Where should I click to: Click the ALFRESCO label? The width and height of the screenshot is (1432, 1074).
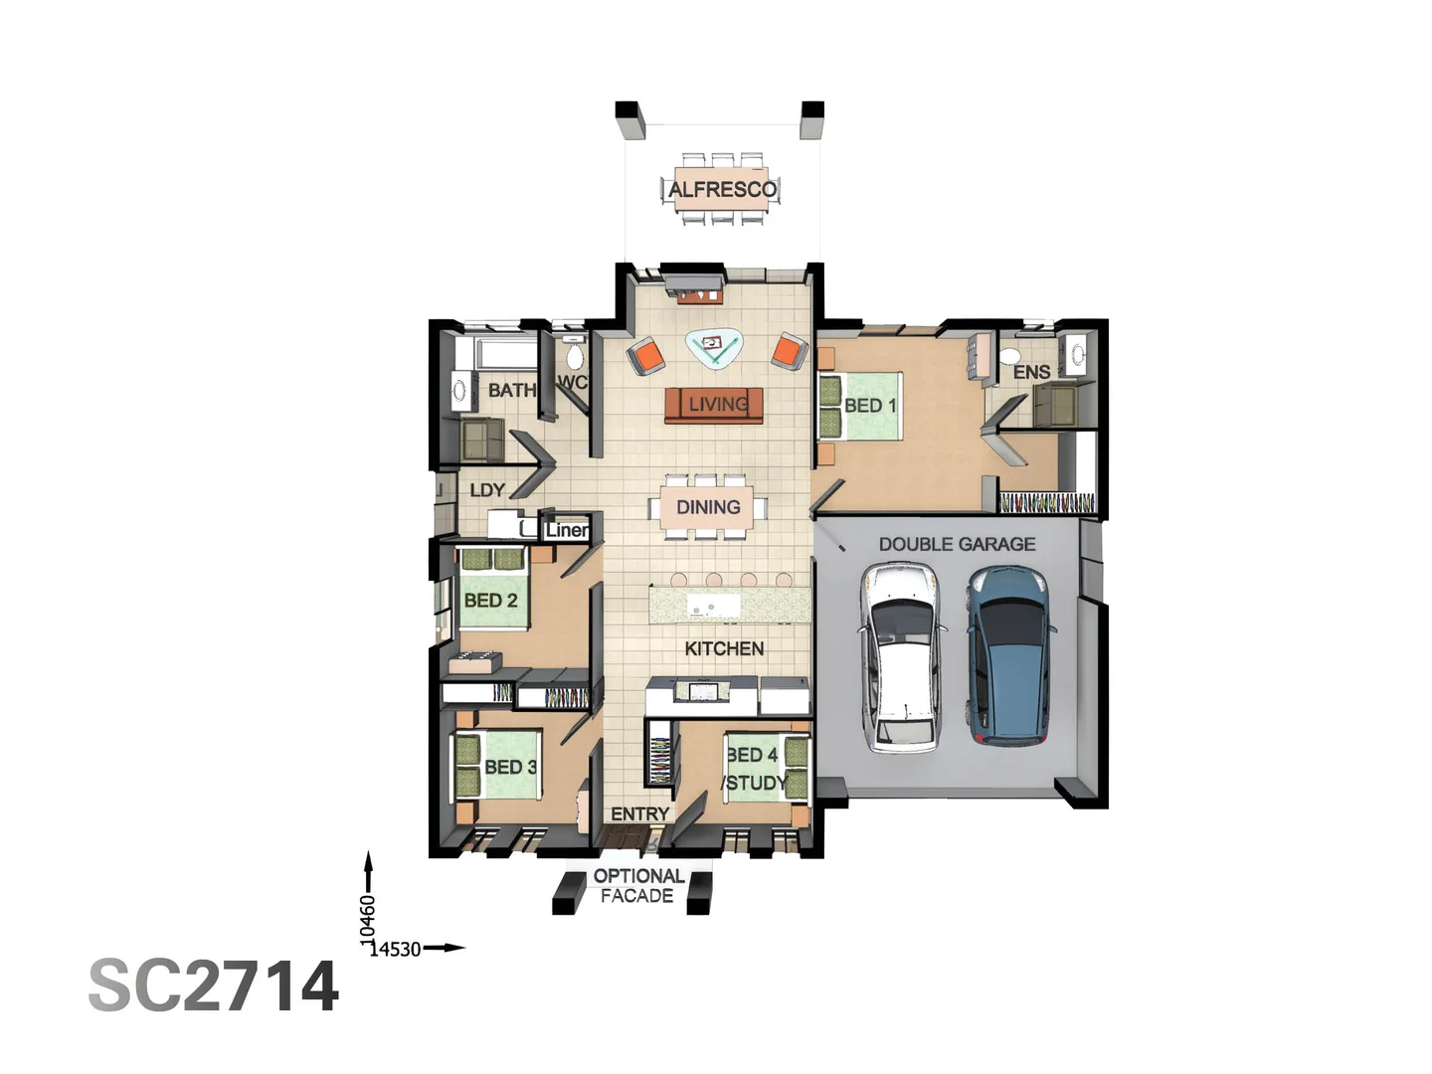click(722, 189)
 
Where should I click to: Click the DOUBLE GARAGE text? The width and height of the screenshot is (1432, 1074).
click(957, 544)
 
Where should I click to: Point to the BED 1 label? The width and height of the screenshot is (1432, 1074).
click(870, 406)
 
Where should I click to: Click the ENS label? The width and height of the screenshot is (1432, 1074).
click(1031, 372)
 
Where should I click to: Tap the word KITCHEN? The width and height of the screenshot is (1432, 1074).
click(724, 648)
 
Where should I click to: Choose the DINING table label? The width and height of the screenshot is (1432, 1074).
click(708, 507)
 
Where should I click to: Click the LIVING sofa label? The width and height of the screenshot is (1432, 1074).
click(718, 404)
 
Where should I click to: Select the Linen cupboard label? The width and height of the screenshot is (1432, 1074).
click(567, 530)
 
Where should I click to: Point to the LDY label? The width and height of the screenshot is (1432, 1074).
click(487, 490)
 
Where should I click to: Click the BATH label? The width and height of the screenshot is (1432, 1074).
click(511, 390)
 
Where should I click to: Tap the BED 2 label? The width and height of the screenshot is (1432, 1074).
click(490, 601)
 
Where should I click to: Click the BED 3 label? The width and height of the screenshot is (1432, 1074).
click(510, 767)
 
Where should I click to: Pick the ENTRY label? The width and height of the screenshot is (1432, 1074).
click(639, 813)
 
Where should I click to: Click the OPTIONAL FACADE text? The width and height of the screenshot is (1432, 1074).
click(637, 885)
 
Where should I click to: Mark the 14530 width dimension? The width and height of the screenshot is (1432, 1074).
click(396, 949)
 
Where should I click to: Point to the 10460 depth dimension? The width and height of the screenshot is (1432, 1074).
click(368, 920)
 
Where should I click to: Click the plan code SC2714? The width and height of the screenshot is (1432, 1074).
click(214, 986)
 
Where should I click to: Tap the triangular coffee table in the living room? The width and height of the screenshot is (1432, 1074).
click(714, 346)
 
